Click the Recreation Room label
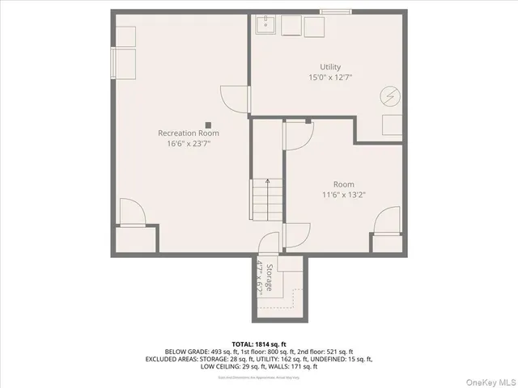coord(188,133)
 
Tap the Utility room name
coord(329,67)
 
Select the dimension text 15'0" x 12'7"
coord(329,78)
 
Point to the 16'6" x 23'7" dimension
coord(188,143)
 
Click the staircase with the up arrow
coord(260,197)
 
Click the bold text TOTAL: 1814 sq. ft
coord(258,344)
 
